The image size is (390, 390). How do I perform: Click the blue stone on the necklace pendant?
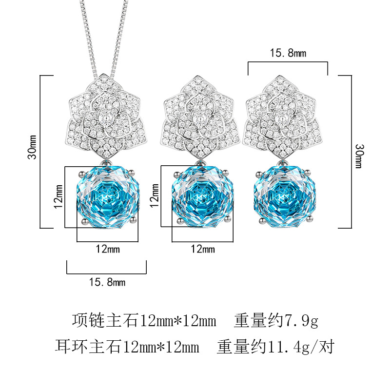(106, 195)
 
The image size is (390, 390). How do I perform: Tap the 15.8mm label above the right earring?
(288, 53)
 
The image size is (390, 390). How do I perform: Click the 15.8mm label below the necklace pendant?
(107, 282)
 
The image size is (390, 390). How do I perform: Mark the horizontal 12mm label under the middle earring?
(202, 249)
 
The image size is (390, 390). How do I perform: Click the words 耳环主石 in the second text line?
(89, 347)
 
